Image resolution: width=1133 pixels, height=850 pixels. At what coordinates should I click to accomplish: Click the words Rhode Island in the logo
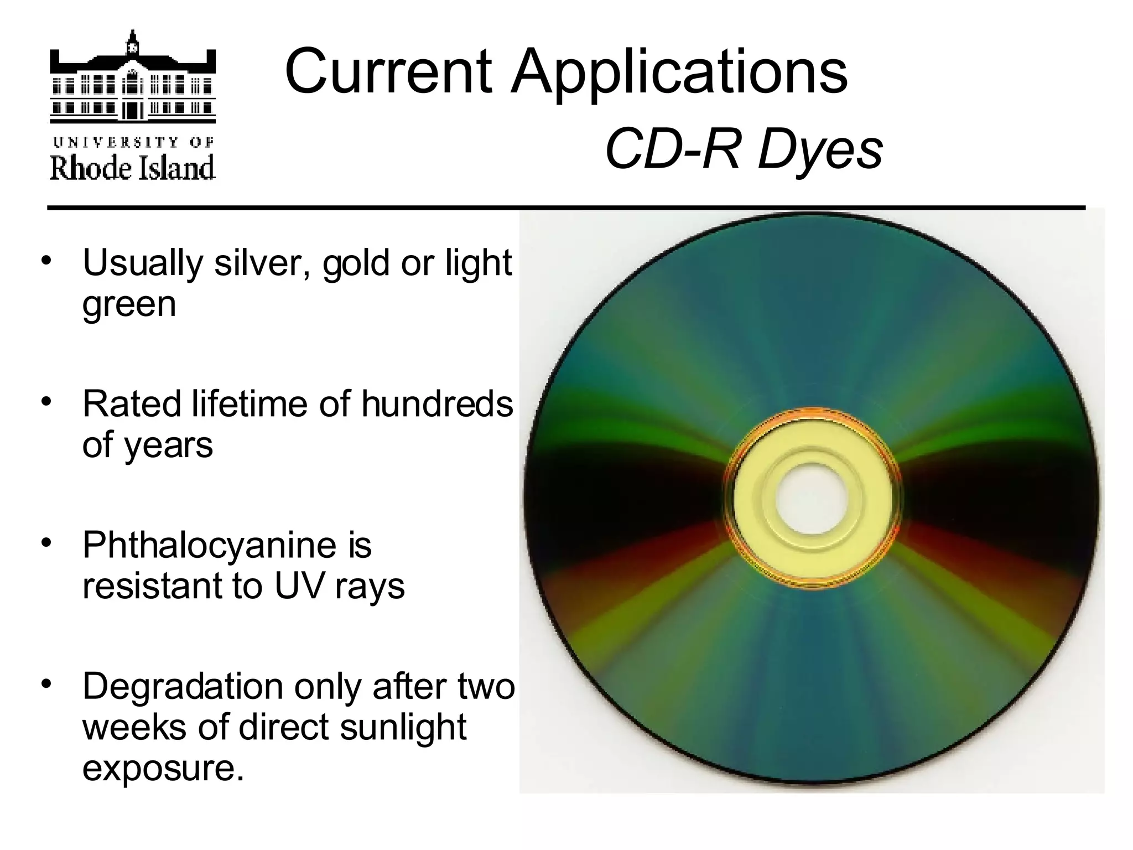(x=133, y=168)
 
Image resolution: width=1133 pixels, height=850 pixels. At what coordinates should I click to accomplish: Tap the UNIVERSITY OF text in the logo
(x=133, y=142)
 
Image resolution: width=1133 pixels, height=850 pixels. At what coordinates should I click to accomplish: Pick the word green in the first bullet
(x=129, y=304)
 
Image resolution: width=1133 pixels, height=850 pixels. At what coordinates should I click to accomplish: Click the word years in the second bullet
(x=168, y=445)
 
